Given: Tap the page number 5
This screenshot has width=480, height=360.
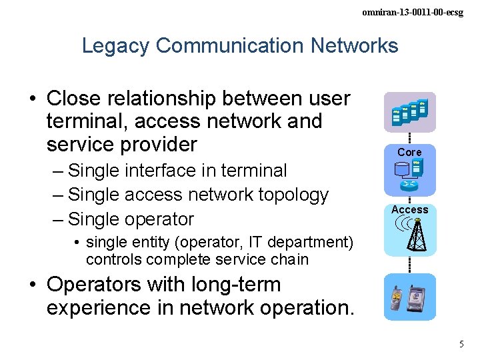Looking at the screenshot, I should [461, 344].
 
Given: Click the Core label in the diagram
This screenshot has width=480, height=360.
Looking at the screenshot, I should [409, 152].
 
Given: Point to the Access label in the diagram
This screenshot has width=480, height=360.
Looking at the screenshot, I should [409, 209].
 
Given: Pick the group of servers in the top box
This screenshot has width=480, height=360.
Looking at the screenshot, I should [409, 111].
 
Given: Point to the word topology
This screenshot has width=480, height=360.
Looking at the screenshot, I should [293, 195].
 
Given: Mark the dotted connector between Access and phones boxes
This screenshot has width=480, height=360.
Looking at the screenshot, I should [409, 265].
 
